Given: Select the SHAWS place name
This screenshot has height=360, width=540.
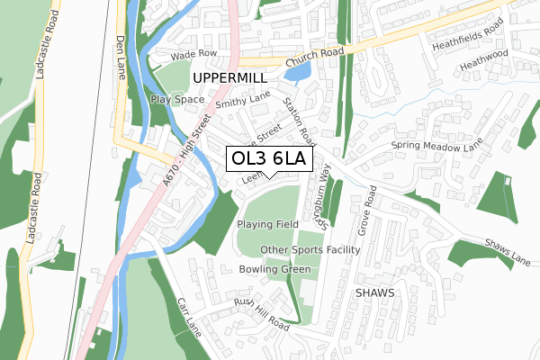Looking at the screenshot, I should (x=374, y=293).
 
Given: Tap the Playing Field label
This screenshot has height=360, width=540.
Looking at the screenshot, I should (x=267, y=223).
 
